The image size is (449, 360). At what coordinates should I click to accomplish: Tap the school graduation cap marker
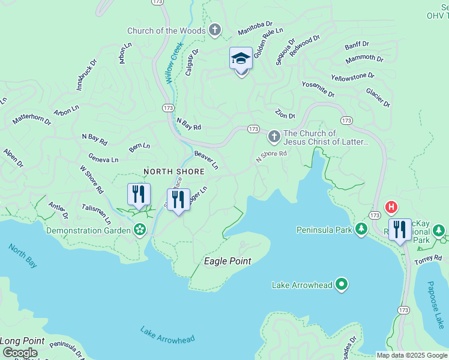(x=241, y=59)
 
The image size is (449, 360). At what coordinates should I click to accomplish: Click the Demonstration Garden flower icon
(x=140, y=230)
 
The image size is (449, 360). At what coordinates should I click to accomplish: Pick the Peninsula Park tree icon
(x=361, y=229)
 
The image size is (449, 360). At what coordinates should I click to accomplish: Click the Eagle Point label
(x=228, y=261)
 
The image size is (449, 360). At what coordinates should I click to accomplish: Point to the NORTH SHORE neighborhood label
(x=174, y=172)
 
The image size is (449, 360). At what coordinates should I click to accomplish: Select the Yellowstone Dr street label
(x=353, y=76)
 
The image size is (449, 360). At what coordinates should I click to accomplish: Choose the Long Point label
(x=22, y=340)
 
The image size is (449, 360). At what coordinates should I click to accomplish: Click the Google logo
(x=20, y=353)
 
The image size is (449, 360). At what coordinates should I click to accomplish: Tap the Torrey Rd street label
(x=429, y=259)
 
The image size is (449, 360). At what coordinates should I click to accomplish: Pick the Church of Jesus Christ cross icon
(x=274, y=137)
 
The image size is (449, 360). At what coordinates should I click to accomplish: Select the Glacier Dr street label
(x=378, y=98)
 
